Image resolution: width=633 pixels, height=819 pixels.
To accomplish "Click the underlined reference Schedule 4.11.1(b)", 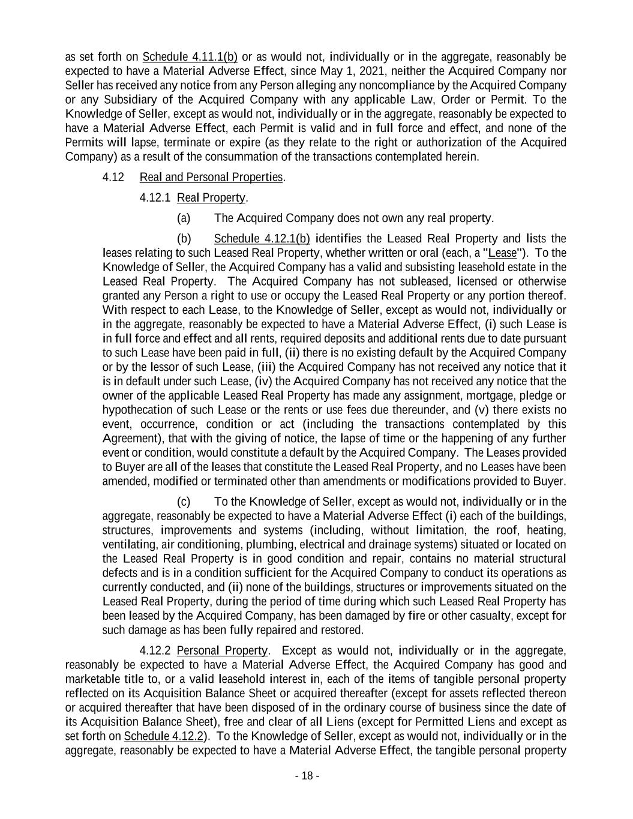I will click(190, 57).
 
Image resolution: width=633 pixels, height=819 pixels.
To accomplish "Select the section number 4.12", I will click(113, 178).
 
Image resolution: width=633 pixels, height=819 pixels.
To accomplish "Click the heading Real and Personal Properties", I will click(211, 178).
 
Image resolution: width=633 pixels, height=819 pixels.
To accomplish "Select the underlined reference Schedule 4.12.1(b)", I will click(262, 239).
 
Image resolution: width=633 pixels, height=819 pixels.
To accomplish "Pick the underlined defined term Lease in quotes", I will click(503, 253).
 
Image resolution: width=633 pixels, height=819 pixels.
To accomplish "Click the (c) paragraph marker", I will click(184, 502).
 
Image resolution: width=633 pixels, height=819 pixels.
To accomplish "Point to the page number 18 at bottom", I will click(307, 776).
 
